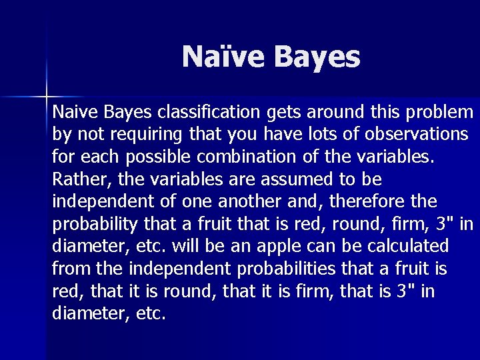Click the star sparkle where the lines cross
coord(47,94)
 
